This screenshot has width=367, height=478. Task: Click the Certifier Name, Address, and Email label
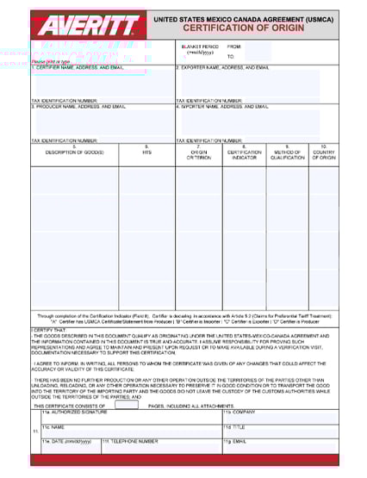click(78, 67)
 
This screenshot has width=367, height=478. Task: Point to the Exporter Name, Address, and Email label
click(223, 67)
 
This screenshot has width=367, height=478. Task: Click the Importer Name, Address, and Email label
click(223, 107)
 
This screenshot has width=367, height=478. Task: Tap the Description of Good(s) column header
click(75, 152)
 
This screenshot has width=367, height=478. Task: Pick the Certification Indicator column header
click(244, 152)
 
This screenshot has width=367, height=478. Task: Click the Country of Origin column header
click(323, 152)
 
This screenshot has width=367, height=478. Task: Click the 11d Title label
click(233, 426)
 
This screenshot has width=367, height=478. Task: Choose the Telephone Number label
click(131, 441)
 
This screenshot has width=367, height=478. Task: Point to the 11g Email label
click(234, 441)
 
